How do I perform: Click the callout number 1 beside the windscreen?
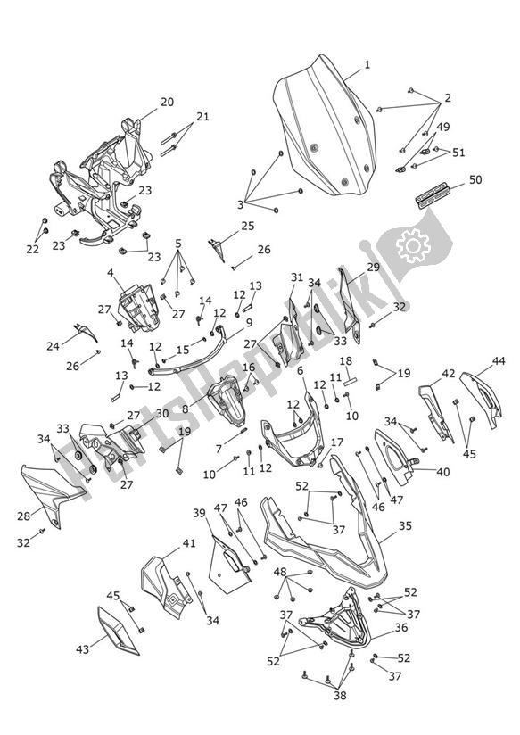coord(367,65)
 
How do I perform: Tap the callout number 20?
coord(167,102)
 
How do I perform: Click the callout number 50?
coord(475,179)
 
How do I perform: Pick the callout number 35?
coord(405,526)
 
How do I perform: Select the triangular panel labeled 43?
coord(118,631)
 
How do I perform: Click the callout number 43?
coord(83,649)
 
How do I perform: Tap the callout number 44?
coord(499,361)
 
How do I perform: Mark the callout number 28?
coord(23,516)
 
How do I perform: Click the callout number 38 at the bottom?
coord(340,695)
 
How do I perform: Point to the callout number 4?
coord(111,272)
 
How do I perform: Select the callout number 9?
coord(249,323)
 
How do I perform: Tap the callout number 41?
coord(188,543)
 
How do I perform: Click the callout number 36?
coord(401,627)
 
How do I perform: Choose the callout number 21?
coord(202,116)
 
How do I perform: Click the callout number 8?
coord(186,409)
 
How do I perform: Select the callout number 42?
coord(449,373)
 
